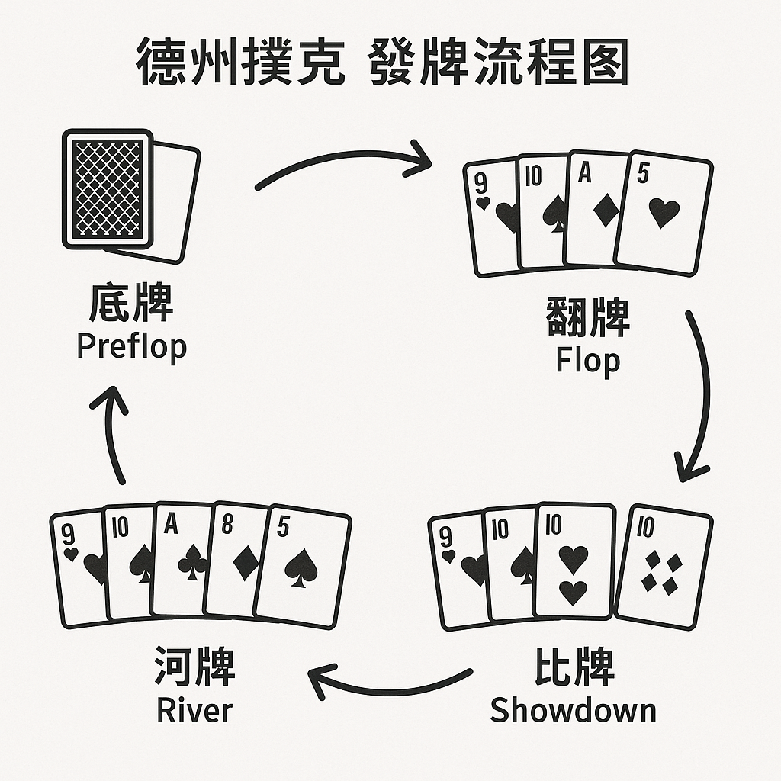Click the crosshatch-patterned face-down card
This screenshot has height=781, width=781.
pyautogui.click(x=107, y=188)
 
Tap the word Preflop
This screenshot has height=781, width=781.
pyautogui.click(x=132, y=346)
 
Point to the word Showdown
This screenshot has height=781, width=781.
pyautogui.click(x=573, y=710)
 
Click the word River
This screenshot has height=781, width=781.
pyautogui.click(x=194, y=710)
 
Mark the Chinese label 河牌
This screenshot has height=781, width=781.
pyautogui.click(x=194, y=666)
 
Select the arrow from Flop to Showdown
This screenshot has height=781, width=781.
pyautogui.click(x=698, y=397)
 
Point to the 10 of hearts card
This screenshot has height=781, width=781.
pyautogui.click(x=574, y=561)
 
